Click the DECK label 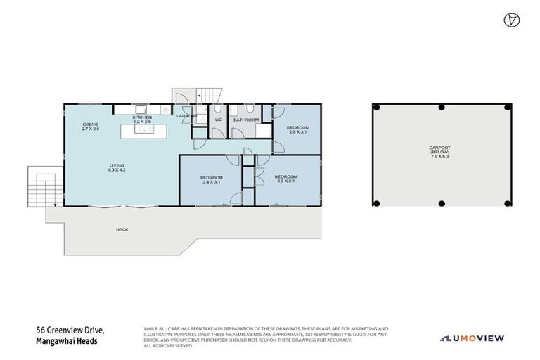(122, 229)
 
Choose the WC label (218, 120)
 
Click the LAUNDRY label (187, 116)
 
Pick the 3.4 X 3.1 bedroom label (211, 179)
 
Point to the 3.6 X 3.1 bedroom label (285, 179)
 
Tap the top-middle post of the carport (441, 107)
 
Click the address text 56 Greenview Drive (70, 329)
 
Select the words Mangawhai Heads (65, 341)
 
